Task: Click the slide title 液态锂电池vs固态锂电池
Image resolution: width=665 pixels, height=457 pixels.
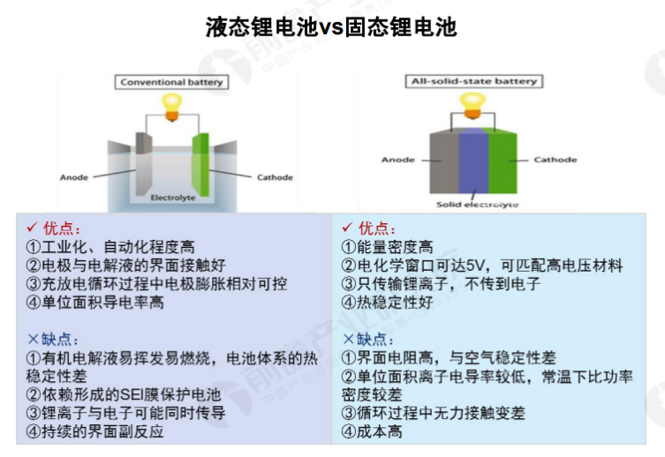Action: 331,27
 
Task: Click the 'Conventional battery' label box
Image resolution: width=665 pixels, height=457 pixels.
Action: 171,82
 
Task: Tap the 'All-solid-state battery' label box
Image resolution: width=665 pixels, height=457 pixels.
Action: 474,81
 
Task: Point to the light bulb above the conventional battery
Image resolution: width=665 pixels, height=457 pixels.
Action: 172,107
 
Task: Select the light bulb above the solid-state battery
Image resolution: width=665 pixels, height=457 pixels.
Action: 472,106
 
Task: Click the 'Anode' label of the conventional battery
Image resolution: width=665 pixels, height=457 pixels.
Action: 74,177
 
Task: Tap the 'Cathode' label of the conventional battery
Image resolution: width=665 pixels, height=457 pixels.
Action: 275,177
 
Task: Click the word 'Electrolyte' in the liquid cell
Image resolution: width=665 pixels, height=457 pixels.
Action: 173,198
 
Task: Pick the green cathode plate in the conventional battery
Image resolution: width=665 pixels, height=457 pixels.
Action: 200,164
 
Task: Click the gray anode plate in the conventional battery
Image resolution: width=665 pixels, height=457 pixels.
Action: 143,164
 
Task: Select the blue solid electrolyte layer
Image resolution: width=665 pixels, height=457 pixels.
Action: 473,160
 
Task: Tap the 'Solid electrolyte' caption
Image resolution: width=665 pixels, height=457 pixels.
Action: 477,205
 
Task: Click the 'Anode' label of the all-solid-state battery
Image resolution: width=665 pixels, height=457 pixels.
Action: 397,160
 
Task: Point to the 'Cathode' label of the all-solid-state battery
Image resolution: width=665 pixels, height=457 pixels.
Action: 555,160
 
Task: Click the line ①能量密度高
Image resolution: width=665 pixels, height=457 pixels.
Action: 388,247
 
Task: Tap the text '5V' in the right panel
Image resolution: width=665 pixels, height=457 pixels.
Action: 475,266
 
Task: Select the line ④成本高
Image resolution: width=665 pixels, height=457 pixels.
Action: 372,431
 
